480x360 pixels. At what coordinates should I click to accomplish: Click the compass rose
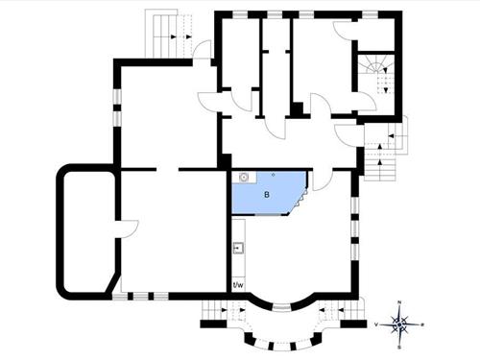click(401, 324)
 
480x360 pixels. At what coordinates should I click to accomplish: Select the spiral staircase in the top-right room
click(375, 72)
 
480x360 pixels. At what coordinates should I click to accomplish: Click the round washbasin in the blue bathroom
click(244, 177)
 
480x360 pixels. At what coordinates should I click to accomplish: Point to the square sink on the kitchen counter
click(237, 249)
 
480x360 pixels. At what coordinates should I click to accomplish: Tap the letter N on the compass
click(401, 305)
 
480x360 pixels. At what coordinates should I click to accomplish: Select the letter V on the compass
click(377, 325)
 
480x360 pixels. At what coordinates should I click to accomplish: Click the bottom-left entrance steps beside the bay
click(222, 312)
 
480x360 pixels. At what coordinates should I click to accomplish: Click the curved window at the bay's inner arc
click(280, 307)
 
